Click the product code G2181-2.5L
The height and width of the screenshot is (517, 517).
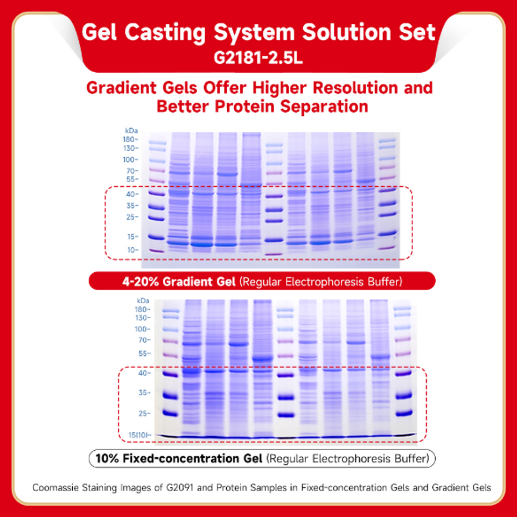pos(258,59)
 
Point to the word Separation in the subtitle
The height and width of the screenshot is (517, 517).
pos(324,107)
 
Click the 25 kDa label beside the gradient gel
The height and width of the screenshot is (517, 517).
pos(132,217)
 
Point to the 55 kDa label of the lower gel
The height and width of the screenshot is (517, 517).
pos(144,354)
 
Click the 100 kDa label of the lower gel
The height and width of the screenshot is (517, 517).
pos(142,329)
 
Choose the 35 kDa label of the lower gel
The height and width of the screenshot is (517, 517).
pos(144,393)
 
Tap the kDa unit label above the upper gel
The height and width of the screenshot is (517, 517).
pos(131,130)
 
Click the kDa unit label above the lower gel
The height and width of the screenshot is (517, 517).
pos(143,301)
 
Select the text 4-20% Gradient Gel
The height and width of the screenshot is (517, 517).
pos(179,282)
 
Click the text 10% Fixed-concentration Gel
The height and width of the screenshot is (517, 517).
pos(179,458)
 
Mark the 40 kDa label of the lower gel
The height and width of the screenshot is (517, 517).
pos(144,373)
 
